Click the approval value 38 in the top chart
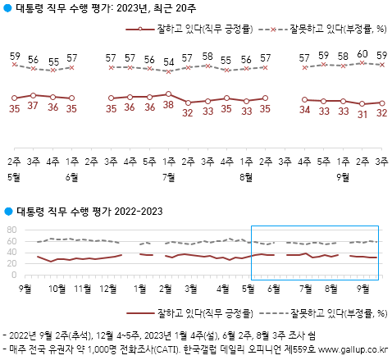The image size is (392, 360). click(168, 106)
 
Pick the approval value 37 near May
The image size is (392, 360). click(34, 106)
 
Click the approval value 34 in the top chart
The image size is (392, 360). click(305, 107)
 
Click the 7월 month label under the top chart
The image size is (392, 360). click(168, 175)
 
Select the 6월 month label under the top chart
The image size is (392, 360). click(71, 175)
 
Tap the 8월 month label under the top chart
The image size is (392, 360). click(245, 175)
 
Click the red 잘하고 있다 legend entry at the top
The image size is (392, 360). click(209, 30)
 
